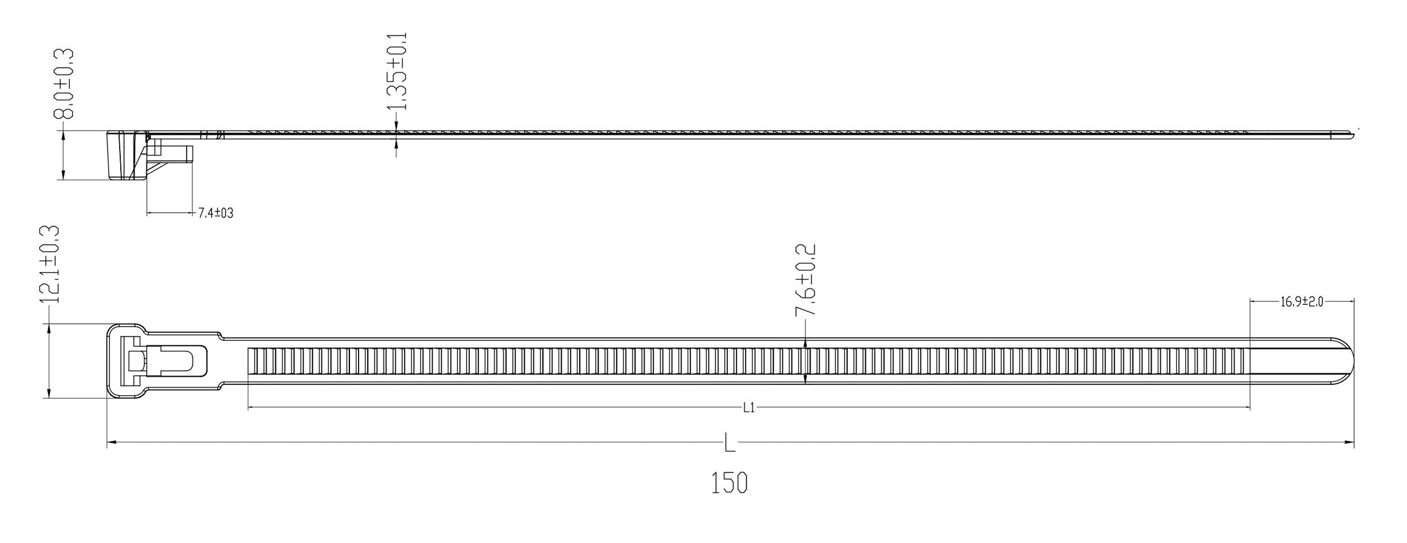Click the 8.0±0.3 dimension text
(64, 84)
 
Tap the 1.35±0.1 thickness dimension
(396, 71)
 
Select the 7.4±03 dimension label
(216, 213)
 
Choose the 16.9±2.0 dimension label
(1301, 302)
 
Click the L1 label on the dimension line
(749, 408)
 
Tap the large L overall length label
(730, 443)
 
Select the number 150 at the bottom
(730, 483)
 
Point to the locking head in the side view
(126, 155)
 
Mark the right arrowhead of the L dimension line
(1350, 443)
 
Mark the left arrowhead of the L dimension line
(111, 443)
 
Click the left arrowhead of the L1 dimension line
(252, 408)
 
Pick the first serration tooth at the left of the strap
(251, 361)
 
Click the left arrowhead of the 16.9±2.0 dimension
(1254, 302)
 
